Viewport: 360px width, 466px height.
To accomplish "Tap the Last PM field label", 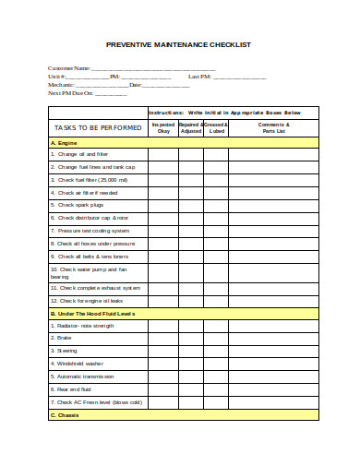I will pyautogui.click(x=199, y=77).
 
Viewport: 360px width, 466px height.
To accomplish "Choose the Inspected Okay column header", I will pyautogui.click(x=163, y=127).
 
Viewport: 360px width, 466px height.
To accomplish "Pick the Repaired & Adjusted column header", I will pyautogui.click(x=190, y=127).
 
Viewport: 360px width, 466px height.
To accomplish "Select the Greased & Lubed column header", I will pyautogui.click(x=216, y=127).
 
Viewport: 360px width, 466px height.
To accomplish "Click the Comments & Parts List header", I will pyautogui.click(x=273, y=127).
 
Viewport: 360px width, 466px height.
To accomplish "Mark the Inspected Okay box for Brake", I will pyautogui.click(x=163, y=339).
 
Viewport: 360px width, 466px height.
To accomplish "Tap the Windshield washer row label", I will pyautogui.click(x=82, y=364).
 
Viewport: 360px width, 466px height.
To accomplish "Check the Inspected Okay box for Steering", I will pyautogui.click(x=163, y=352).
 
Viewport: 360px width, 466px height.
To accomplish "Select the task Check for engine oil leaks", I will pyautogui.click(x=90, y=301).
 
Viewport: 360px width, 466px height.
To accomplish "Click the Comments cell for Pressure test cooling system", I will pyautogui.click(x=273, y=231).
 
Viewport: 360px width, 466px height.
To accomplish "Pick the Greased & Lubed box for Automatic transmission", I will pyautogui.click(x=216, y=376).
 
